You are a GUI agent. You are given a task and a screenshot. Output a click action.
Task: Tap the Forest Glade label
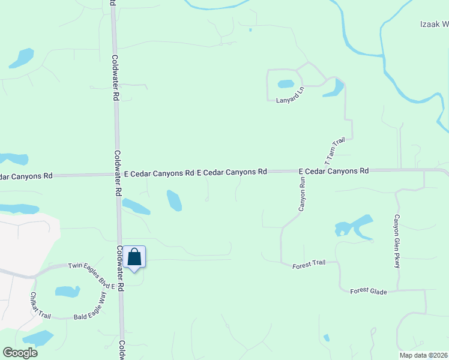369,292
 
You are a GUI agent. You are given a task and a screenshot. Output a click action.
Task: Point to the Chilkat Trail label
40,305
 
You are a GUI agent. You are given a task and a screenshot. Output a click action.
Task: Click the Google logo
20,352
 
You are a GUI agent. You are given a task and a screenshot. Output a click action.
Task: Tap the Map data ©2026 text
423,355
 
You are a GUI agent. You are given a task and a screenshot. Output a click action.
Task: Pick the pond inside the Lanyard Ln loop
285,84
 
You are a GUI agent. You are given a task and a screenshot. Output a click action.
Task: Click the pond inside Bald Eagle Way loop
67,292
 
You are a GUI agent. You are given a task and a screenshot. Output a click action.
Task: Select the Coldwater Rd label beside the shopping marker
120,269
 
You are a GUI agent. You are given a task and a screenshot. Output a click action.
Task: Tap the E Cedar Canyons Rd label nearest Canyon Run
333,171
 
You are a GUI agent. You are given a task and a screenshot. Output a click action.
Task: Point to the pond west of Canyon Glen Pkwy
354,227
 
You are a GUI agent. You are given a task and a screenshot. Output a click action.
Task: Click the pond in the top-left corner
22,58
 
